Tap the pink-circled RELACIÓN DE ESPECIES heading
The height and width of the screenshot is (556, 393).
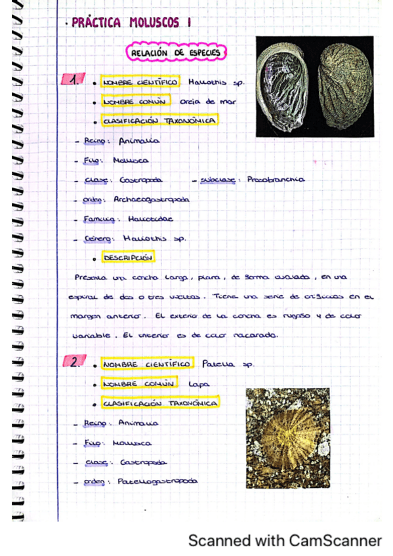tap(176, 52)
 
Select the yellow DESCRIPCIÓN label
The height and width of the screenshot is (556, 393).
tap(128, 258)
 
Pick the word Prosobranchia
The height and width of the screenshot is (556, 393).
tap(276, 179)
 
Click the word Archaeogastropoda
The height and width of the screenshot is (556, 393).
tap(151, 199)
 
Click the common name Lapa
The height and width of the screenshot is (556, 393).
tap(194, 384)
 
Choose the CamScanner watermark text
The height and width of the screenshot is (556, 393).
tap(285, 541)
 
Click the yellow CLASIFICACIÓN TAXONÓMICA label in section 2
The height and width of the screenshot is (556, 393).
tap(159, 403)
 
